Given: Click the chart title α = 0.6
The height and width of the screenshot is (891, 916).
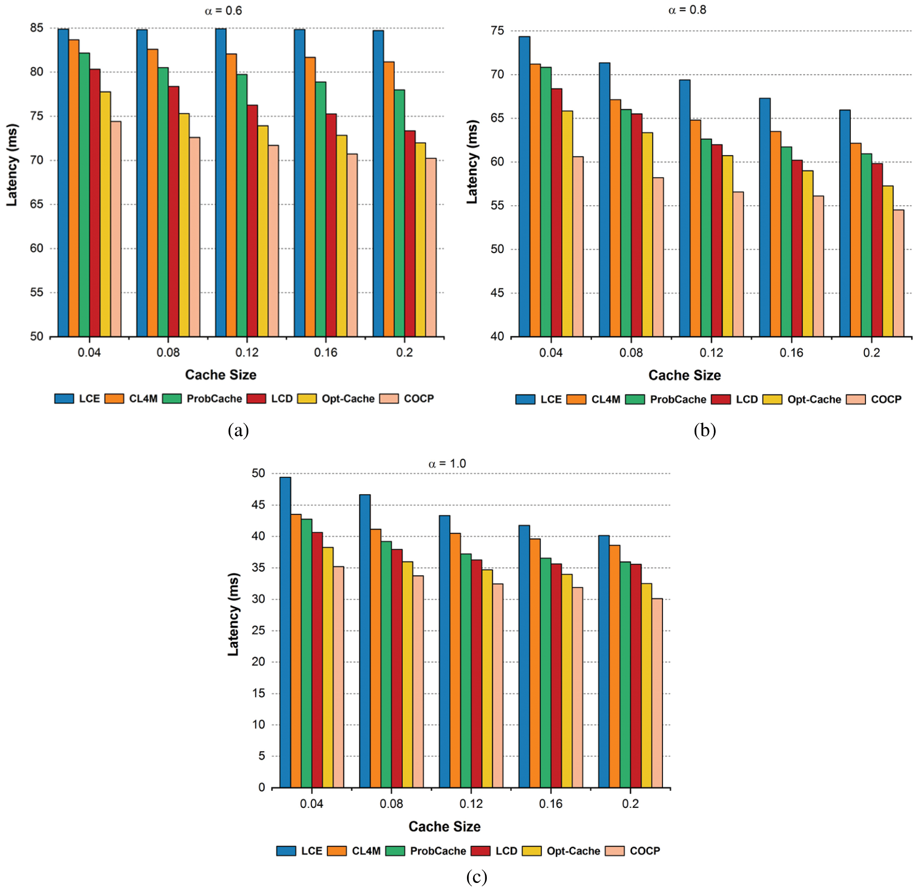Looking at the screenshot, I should (223, 10).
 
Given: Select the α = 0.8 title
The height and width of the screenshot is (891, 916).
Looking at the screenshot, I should (687, 10).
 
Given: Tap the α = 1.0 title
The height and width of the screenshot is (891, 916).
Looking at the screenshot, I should (447, 464).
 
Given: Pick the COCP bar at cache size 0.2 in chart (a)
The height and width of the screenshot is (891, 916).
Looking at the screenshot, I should (431, 247).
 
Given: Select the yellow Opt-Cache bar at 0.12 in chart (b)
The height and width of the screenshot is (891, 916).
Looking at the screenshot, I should (727, 246).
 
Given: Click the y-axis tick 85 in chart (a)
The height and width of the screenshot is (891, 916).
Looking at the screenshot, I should (36, 28).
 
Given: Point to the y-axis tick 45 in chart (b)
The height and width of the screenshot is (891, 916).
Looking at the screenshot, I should (497, 293).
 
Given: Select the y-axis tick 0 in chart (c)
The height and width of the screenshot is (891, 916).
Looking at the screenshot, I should (262, 788).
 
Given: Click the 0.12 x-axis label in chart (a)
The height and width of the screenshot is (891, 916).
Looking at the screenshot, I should (247, 353).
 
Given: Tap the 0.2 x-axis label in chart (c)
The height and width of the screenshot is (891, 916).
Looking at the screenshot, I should (630, 804).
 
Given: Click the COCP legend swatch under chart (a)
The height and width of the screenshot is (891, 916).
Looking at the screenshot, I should (389, 399).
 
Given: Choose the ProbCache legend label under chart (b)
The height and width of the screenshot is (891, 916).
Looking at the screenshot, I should (678, 399).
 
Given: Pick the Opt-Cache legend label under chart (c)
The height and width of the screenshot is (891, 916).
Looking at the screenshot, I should (573, 851).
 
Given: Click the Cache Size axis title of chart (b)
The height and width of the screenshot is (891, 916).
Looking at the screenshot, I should (684, 375).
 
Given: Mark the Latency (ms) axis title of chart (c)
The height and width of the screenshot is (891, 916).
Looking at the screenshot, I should (233, 614).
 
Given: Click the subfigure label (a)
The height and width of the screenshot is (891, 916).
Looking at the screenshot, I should (238, 430).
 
